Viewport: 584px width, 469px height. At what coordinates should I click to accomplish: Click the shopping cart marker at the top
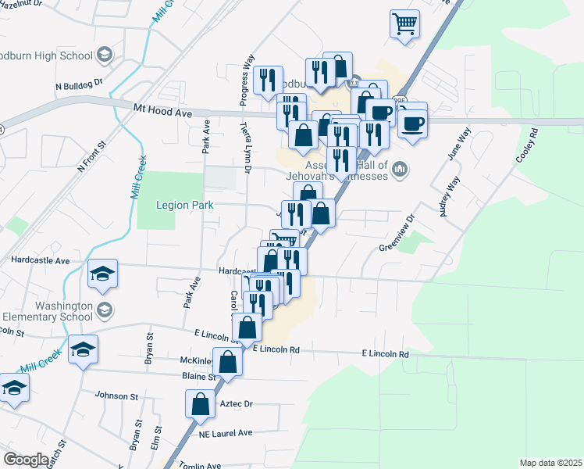[404, 24]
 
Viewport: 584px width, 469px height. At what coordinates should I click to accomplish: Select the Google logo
[26, 460]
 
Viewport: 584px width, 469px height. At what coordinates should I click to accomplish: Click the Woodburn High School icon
[105, 55]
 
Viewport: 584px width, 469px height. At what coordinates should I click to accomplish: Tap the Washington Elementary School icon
[104, 312]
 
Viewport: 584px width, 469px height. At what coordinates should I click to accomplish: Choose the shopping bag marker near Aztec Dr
[200, 404]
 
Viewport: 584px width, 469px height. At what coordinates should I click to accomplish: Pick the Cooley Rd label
[527, 146]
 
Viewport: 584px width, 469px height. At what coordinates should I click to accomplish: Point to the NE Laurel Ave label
[226, 432]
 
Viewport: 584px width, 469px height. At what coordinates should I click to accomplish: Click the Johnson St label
[116, 396]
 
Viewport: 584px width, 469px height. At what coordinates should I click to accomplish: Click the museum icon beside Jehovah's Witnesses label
[400, 169]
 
